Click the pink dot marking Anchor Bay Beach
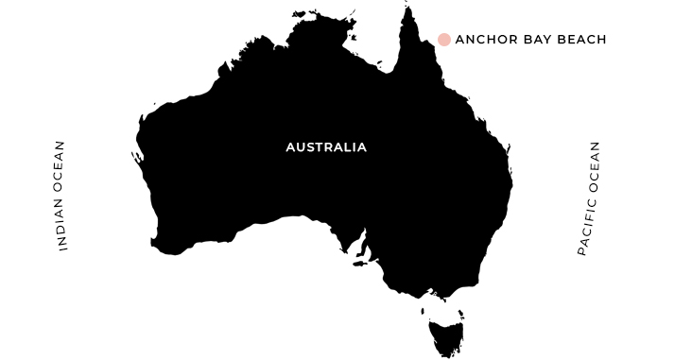[x=444, y=40]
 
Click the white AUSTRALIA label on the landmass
[x=326, y=147]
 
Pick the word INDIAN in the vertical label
[x=62, y=228]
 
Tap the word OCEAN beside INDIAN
[x=62, y=165]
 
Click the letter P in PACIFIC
[x=582, y=252]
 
